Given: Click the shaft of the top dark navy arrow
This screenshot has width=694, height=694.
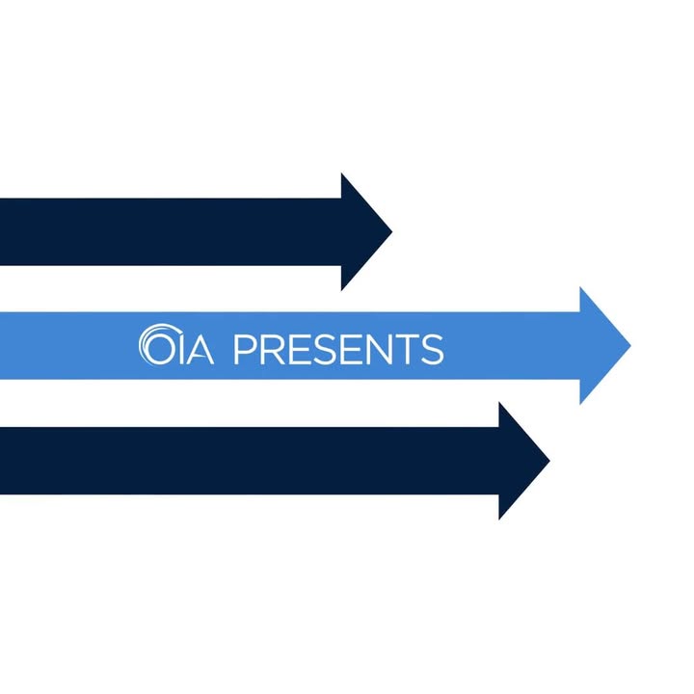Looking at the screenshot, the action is pyautogui.click(x=171, y=232).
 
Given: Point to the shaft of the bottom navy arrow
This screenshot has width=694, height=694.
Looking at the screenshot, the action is pyautogui.click(x=250, y=461).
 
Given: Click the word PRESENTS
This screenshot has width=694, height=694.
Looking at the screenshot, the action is pyautogui.click(x=338, y=349).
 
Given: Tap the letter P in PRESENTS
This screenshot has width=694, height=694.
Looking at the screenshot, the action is pyautogui.click(x=244, y=349).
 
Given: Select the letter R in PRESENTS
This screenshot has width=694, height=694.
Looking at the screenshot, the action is pyautogui.click(x=271, y=349).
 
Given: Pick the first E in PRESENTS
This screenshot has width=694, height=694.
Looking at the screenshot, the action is pyautogui.click(x=297, y=349).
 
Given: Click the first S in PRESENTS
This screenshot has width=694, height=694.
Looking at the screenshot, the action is pyautogui.click(x=322, y=349).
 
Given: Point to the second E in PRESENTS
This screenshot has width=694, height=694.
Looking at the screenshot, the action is pyautogui.click(x=348, y=349).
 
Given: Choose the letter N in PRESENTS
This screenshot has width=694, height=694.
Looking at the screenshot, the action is pyautogui.click(x=378, y=349).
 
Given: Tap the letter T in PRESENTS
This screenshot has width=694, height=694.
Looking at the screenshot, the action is pyautogui.click(x=407, y=349).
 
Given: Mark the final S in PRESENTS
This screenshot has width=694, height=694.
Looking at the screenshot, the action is pyautogui.click(x=433, y=349).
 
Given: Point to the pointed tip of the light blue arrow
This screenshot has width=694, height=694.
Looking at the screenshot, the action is pyautogui.click(x=631, y=346).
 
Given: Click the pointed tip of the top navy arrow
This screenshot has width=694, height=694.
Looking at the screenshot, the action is pyautogui.click(x=392, y=231).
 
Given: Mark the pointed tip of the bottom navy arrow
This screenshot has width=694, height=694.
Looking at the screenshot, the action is pyautogui.click(x=549, y=461).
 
